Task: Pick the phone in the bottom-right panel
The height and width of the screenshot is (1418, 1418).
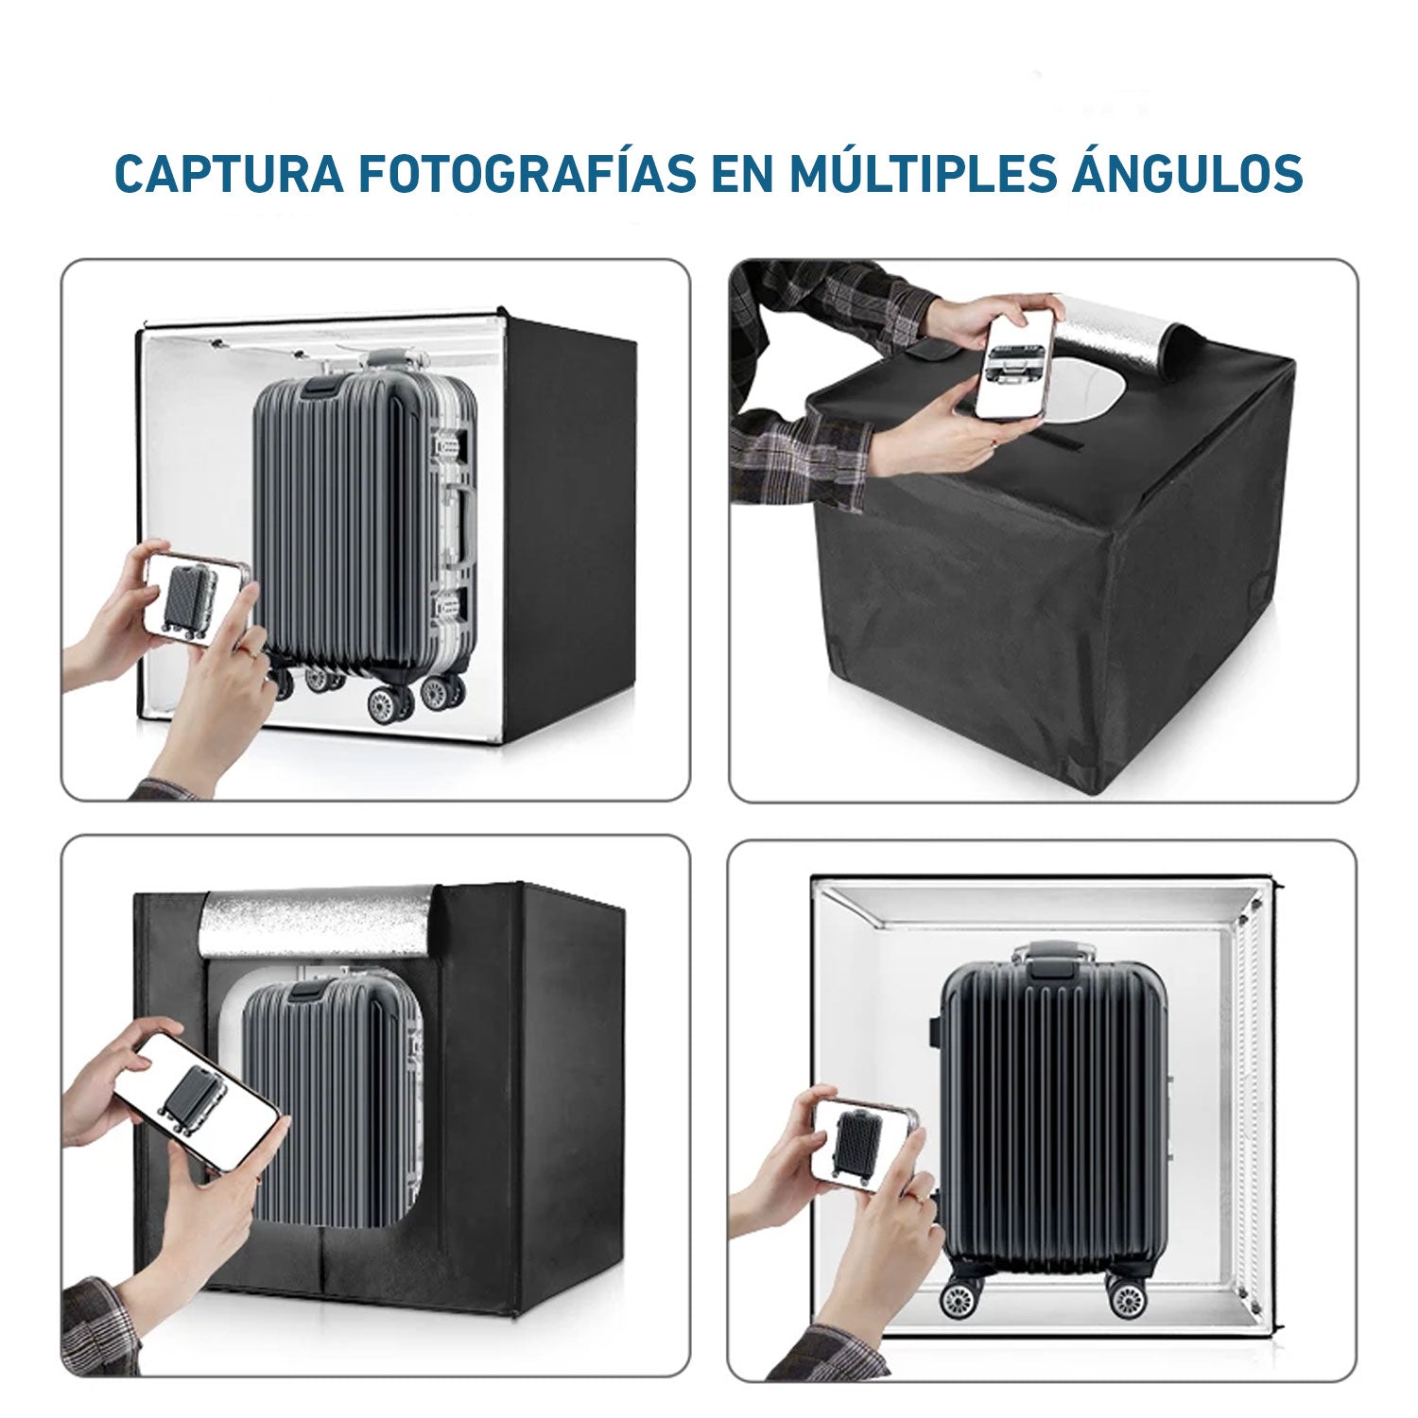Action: [x=865, y=1142]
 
